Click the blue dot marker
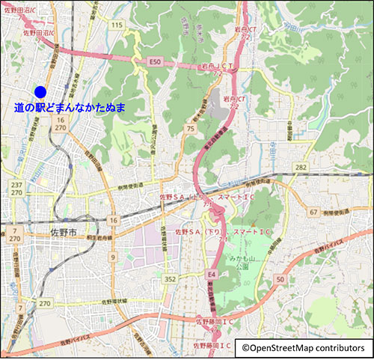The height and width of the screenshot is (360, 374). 40,91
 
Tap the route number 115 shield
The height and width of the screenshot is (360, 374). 116,25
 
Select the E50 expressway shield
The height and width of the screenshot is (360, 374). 155,61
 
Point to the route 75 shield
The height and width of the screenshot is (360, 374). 190,129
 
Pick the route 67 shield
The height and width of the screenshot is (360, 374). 313,212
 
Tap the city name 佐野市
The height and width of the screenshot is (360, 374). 63,233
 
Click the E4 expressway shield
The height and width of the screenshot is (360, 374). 212,274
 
